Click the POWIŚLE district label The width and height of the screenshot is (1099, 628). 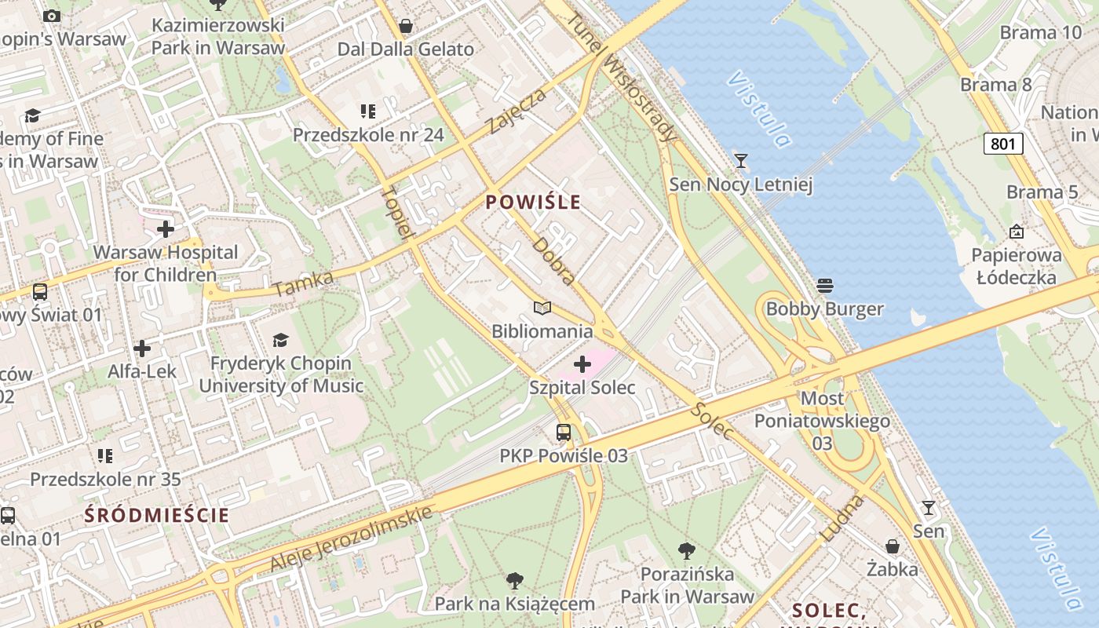point(533,203)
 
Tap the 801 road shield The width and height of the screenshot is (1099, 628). point(1002,144)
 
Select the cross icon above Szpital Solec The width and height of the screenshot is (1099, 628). point(582,364)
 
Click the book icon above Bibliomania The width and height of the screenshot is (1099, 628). point(542,308)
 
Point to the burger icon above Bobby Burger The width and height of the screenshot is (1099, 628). point(824,285)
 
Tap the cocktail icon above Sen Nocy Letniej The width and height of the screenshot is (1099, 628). point(740,161)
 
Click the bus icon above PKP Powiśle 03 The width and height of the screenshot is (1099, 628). point(564,432)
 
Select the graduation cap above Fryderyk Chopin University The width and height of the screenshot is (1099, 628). point(280,340)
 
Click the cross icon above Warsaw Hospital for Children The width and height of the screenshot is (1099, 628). point(166,229)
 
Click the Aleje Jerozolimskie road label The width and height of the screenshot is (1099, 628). point(351,539)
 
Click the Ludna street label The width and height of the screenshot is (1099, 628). point(842,518)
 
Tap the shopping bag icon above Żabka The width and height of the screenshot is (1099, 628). point(893,546)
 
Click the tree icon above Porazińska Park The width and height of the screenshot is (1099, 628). point(687,550)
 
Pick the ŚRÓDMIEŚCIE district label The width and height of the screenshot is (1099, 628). point(157,516)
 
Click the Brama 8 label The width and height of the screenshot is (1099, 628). point(995,85)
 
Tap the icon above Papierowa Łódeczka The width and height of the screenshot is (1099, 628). point(1017,232)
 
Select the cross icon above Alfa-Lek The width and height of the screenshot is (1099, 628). point(142,348)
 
